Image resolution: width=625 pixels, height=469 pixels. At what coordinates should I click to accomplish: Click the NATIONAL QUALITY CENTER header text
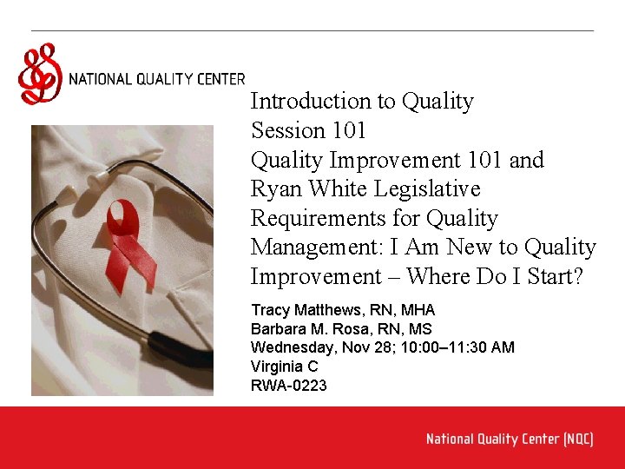[x=156, y=79]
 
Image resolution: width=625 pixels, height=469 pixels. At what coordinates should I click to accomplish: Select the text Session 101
[x=308, y=131]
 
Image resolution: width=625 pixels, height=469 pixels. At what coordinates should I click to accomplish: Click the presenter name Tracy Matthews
[x=301, y=310]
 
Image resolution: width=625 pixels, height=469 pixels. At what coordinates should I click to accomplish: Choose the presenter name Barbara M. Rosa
[x=305, y=329]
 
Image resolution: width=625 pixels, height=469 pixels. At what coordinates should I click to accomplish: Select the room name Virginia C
[x=284, y=367]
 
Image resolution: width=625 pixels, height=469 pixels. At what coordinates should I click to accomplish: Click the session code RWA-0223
[x=288, y=386]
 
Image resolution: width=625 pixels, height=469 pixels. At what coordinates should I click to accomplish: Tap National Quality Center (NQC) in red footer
[x=510, y=439]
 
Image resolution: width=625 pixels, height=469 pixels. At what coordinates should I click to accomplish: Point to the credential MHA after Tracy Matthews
[x=418, y=310]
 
